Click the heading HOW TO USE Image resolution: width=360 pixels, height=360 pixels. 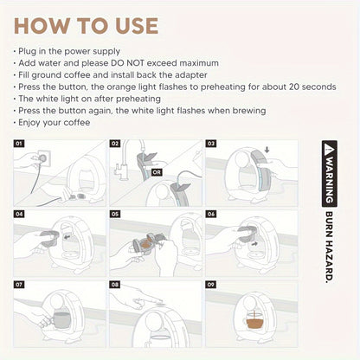click(x=87, y=26)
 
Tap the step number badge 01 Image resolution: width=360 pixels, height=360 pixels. click(x=20, y=143)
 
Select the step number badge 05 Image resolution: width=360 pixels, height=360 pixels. click(x=116, y=213)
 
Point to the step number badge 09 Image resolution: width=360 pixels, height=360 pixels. click(x=211, y=284)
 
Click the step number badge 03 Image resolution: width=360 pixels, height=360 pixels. click(x=211, y=143)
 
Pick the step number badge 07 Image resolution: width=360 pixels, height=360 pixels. click(x=20, y=284)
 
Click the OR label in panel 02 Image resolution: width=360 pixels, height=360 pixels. click(x=156, y=170)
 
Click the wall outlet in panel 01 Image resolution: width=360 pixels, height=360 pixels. click(x=39, y=158)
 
